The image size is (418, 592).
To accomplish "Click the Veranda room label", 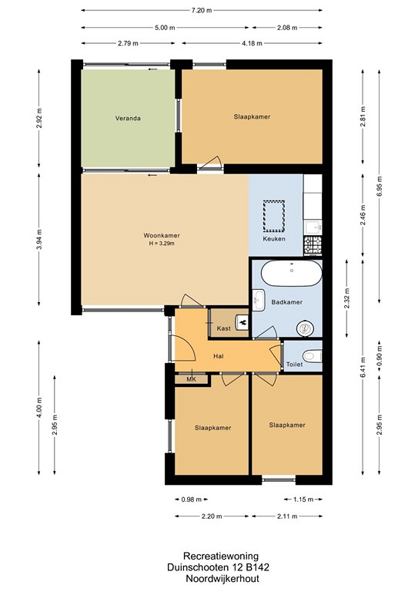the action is click(x=128, y=118).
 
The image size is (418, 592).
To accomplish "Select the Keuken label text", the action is click(x=274, y=239).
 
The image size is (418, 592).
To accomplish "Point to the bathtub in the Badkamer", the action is click(x=292, y=273).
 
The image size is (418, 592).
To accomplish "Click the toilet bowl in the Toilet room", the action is click(x=312, y=355).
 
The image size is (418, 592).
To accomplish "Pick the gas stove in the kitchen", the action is click(x=313, y=244).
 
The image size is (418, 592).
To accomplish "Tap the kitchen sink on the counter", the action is click(x=313, y=227).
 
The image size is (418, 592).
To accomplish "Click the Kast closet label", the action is click(x=223, y=328).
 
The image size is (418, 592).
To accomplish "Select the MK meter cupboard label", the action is click(x=192, y=379).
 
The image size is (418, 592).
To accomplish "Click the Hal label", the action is click(x=218, y=356).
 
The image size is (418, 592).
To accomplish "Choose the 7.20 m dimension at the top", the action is click(x=202, y=11).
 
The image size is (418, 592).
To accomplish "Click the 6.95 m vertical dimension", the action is click(x=380, y=187).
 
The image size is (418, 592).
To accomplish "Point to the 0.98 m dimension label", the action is click(x=192, y=499).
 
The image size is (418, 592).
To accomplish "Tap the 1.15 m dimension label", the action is click(x=303, y=499).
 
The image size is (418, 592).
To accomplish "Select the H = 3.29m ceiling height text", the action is click(x=162, y=244).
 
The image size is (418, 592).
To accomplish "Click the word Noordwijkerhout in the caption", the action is click(x=222, y=578).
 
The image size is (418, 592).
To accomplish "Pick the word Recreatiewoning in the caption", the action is click(x=221, y=556).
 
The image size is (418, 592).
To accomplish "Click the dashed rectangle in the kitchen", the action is click(x=273, y=217).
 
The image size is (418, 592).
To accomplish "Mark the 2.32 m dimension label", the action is click(x=346, y=298).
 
